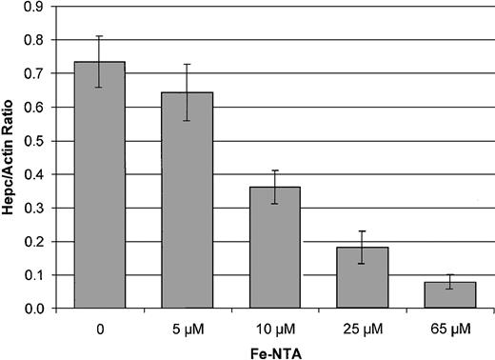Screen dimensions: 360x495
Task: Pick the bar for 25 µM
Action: tap(363, 277)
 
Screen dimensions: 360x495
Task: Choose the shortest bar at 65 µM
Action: tap(450, 294)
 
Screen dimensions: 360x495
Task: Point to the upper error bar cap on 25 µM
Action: tap(363, 231)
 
